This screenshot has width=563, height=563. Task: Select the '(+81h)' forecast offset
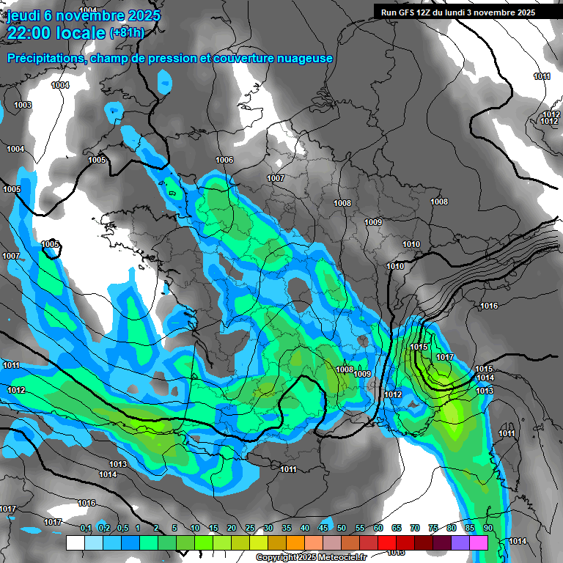pyautogui.click(x=127, y=33)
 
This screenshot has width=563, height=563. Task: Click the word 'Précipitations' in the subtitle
pyautogui.click(x=43, y=58)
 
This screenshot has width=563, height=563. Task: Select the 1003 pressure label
pyautogui.click(x=23, y=106)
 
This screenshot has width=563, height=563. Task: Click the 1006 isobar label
pyautogui.click(x=224, y=160)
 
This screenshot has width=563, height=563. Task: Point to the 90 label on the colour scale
pyautogui.click(x=488, y=528)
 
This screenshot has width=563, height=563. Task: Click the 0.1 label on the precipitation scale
pyautogui.click(x=86, y=528)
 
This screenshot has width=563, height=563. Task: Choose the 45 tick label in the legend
pyautogui.click(x=323, y=528)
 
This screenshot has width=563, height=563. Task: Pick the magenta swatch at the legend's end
pyautogui.click(x=479, y=542)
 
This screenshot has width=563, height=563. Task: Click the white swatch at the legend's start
pyautogui.click(x=75, y=542)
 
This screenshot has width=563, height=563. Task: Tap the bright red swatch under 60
pyautogui.click(x=387, y=542)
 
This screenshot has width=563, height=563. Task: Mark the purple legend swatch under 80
pyautogui.click(x=460, y=542)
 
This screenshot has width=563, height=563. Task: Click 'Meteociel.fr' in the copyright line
pyautogui.click(x=341, y=558)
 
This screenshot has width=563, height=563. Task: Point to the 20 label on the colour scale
pyautogui.click(x=232, y=528)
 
